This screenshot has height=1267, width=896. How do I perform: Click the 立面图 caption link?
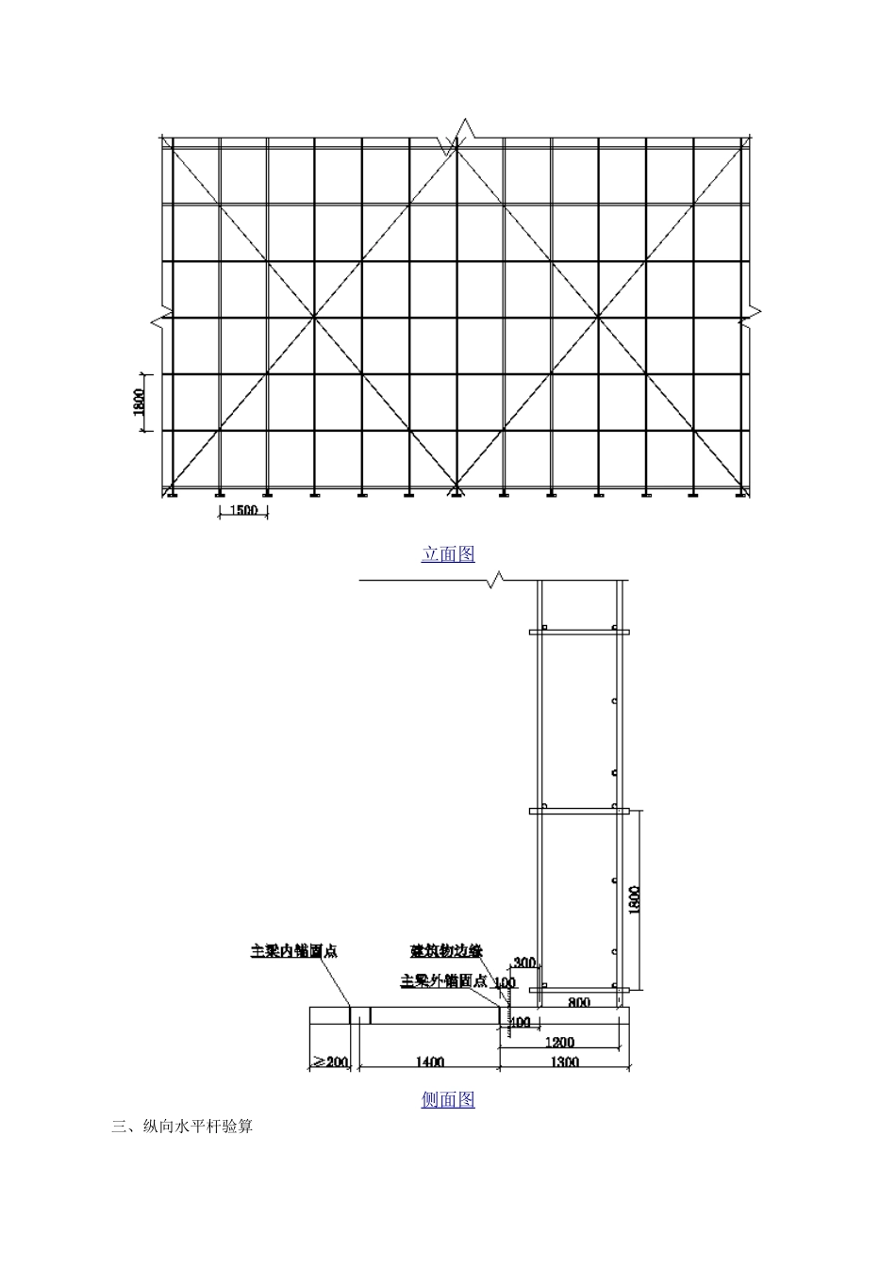(x=448, y=554)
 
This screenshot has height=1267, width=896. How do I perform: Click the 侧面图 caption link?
(x=448, y=1099)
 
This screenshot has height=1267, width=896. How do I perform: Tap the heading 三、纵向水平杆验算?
(x=182, y=1127)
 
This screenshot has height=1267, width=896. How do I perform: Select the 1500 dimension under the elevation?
(x=243, y=510)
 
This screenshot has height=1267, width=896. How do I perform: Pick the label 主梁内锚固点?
(x=293, y=951)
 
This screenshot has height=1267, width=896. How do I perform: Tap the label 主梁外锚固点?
(x=444, y=980)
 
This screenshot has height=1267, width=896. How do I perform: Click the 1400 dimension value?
(x=429, y=1062)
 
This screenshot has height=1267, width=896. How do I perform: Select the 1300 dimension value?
(x=564, y=1062)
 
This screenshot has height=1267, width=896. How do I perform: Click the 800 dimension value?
(x=579, y=1003)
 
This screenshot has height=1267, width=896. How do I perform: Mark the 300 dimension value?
(x=523, y=963)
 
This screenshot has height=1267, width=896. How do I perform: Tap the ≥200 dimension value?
(x=330, y=1062)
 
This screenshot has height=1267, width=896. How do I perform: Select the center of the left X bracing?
(x=314, y=318)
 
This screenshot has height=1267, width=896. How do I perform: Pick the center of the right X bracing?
(x=599, y=318)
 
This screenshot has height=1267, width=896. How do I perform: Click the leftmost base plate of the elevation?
(x=172, y=494)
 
